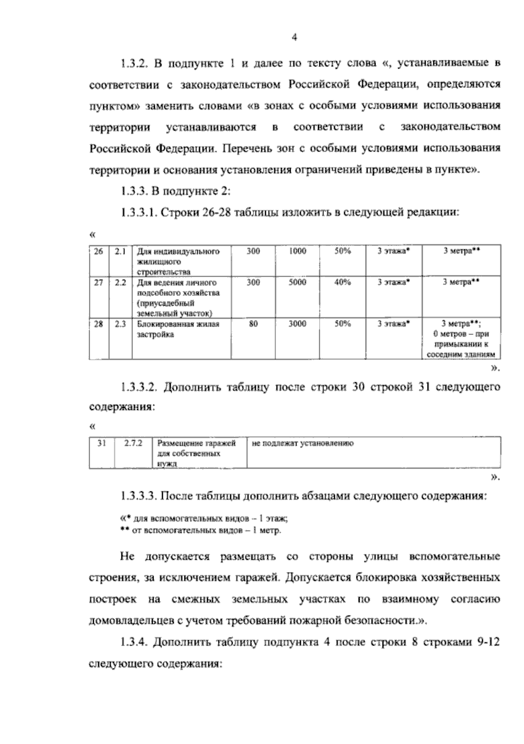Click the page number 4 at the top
click(x=294, y=38)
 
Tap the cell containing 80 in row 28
click(x=253, y=324)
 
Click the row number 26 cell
click(x=99, y=251)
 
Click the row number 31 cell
click(x=102, y=443)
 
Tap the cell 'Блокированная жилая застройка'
click(x=178, y=329)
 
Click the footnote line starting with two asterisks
click(x=201, y=531)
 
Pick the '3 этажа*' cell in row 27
click(x=394, y=283)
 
